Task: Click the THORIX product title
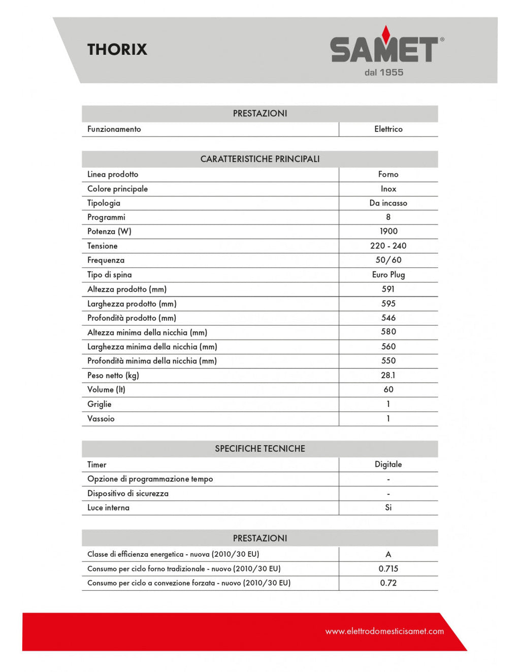pyautogui.click(x=117, y=49)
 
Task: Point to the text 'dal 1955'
pyautogui.click(x=384, y=73)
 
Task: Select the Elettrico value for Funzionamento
pyautogui.click(x=388, y=129)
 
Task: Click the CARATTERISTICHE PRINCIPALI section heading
pyautogui.click(x=260, y=159)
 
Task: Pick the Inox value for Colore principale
pyautogui.click(x=388, y=189)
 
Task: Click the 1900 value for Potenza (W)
pyautogui.click(x=388, y=231)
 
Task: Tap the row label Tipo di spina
pyautogui.click(x=110, y=275)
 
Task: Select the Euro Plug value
pyautogui.click(x=388, y=275)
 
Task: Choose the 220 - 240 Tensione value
pyautogui.click(x=388, y=246)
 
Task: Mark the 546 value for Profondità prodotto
pyautogui.click(x=388, y=318)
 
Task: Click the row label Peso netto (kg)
pyautogui.click(x=113, y=376)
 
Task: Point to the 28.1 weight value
pyautogui.click(x=388, y=376)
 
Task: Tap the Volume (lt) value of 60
pyautogui.click(x=388, y=390)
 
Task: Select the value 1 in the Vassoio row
pyautogui.click(x=388, y=419)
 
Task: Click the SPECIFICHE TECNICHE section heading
pyautogui.click(x=260, y=449)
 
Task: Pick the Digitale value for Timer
pyautogui.click(x=388, y=464)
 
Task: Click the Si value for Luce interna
pyautogui.click(x=388, y=508)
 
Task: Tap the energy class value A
pyautogui.click(x=388, y=554)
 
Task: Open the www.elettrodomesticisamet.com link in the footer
pyautogui.click(x=384, y=631)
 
